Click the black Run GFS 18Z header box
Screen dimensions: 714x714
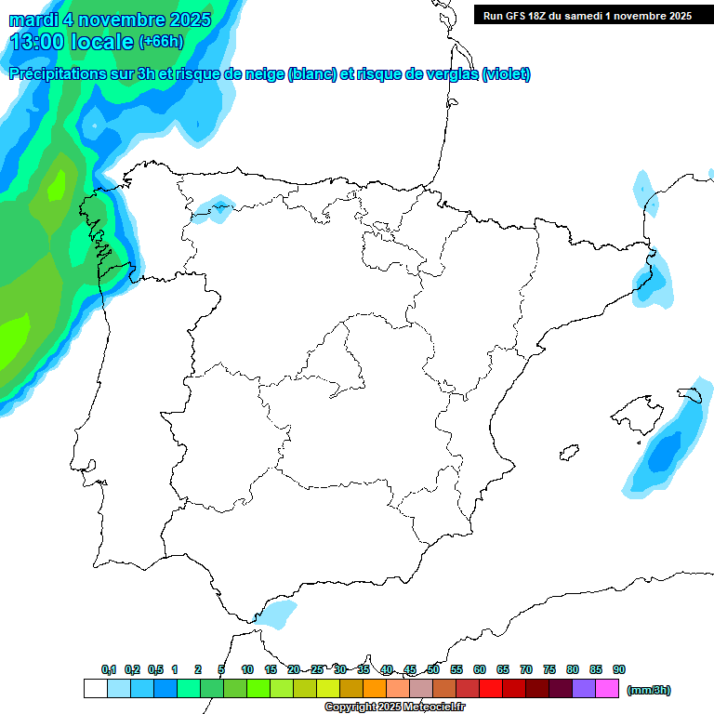(587, 15)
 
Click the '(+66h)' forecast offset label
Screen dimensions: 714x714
(161, 41)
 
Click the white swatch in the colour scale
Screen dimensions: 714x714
(95, 688)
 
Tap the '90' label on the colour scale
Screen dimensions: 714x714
(619, 669)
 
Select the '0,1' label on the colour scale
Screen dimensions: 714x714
(109, 669)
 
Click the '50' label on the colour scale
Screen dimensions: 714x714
(433, 669)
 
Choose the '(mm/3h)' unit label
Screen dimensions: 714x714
(649, 690)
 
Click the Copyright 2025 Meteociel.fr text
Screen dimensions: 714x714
(394, 707)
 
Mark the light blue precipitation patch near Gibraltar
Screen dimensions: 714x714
(276, 614)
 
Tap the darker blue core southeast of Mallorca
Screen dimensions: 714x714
(664, 453)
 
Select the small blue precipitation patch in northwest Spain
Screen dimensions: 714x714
(215, 209)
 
